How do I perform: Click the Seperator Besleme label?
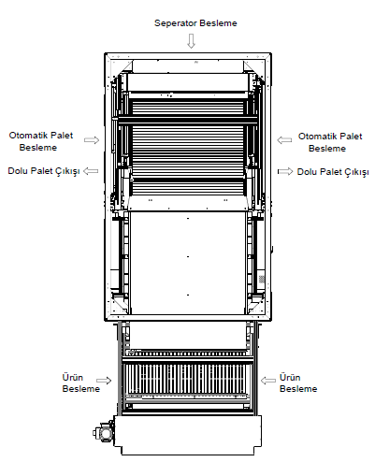[x=195, y=23]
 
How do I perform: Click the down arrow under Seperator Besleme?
[x=191, y=41]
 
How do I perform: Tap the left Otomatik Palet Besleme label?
[x=40, y=141]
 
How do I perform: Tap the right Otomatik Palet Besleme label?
[x=330, y=142]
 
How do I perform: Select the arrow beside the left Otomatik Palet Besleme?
[x=92, y=140]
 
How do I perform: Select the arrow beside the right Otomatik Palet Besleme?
[x=284, y=140]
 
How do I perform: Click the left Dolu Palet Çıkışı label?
[x=44, y=171]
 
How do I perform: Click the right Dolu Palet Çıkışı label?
[x=333, y=172]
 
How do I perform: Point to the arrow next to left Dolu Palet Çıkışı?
[x=91, y=171]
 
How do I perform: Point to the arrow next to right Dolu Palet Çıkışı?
[x=285, y=171]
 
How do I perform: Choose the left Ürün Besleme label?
[x=80, y=383]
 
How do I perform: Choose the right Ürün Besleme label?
[x=298, y=383]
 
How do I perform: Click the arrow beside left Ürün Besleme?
[x=104, y=381]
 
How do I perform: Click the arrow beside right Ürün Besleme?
[x=268, y=381]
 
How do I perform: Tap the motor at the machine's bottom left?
[x=104, y=431]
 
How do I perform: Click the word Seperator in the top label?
[x=176, y=23]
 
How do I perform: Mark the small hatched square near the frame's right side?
[x=262, y=279]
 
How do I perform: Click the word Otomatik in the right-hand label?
[x=317, y=137]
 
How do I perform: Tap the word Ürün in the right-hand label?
[x=290, y=378]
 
